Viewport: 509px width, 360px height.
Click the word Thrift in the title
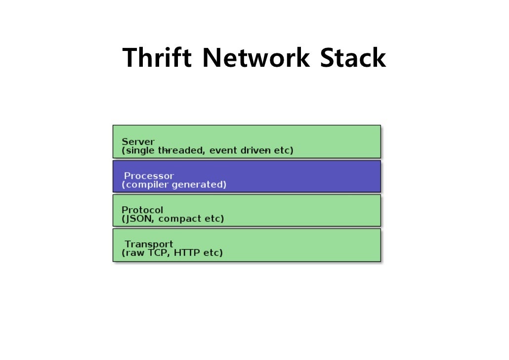157,58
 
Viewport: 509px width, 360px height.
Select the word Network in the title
255,58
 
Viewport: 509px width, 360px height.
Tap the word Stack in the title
353,58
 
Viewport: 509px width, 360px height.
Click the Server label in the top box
138,142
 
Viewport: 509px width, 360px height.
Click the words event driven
240,150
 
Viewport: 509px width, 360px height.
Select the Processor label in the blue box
149,176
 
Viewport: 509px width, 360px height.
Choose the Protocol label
142,210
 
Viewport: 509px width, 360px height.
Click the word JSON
139,219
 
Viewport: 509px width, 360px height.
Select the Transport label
149,244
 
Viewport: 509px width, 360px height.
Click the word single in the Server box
140,150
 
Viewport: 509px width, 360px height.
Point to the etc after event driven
282,150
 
